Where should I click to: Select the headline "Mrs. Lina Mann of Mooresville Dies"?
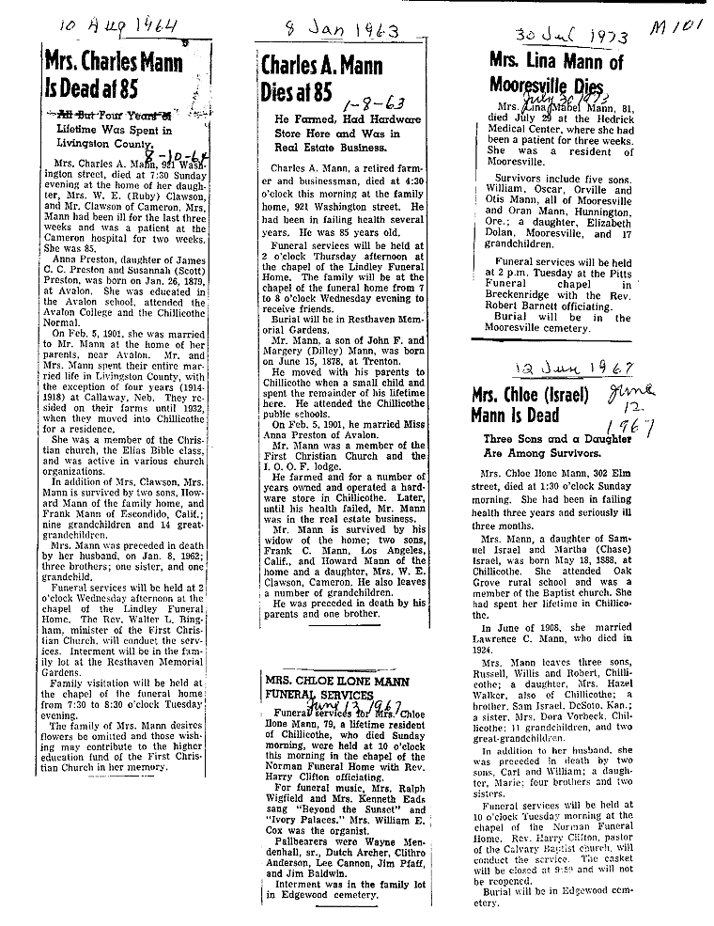[556, 73]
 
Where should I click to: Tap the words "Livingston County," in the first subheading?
[103, 145]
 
